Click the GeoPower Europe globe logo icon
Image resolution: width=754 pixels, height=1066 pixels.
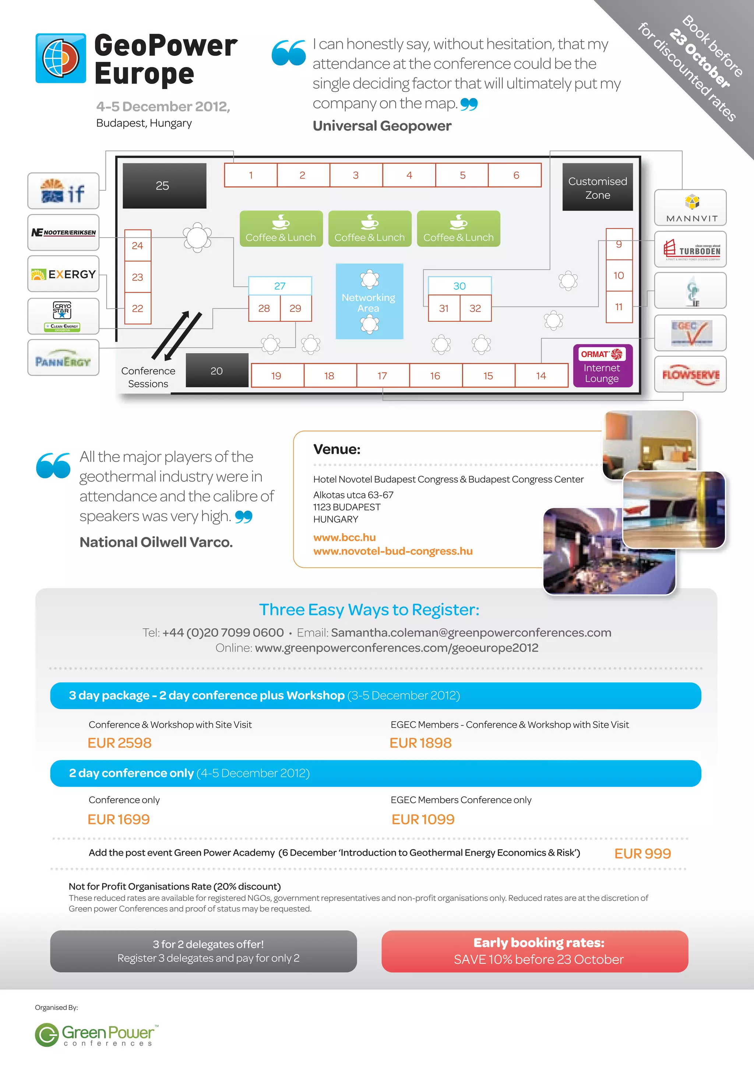click(x=61, y=59)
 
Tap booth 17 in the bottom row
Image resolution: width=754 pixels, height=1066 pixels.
click(x=383, y=375)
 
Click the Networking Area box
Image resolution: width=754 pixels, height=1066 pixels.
click(x=369, y=302)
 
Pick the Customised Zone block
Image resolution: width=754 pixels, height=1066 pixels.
click(x=597, y=188)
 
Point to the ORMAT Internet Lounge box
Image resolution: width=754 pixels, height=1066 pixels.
click(x=602, y=366)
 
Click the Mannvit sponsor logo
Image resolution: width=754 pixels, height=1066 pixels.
click(x=690, y=208)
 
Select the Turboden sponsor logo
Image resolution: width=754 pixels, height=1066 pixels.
click(x=690, y=249)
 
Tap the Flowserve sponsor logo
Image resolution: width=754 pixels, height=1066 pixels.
click(x=690, y=374)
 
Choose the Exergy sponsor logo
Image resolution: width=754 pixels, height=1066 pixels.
click(x=64, y=274)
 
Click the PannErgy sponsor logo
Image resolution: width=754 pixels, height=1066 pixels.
click(x=64, y=358)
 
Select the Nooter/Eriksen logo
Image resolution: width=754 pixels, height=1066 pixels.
click(x=64, y=233)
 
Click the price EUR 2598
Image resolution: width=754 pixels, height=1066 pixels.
click(x=119, y=743)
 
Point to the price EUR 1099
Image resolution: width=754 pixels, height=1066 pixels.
click(x=423, y=819)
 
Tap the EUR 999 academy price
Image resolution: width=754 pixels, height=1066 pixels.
click(x=642, y=853)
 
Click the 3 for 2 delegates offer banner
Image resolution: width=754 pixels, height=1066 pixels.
click(x=203, y=951)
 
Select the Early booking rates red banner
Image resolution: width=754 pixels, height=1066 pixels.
click(x=535, y=951)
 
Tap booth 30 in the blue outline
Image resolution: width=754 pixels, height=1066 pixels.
click(x=459, y=286)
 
